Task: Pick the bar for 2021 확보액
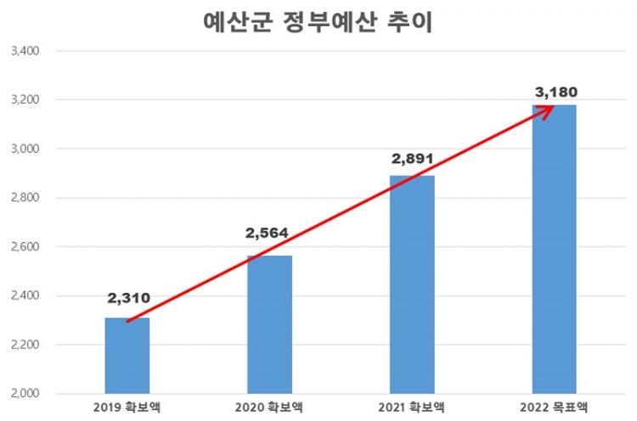click(x=412, y=284)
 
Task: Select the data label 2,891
click(x=412, y=157)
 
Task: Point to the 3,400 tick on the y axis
click(x=23, y=51)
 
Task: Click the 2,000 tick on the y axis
click(x=23, y=394)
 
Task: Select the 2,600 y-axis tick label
click(x=23, y=247)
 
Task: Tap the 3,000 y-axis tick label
click(x=23, y=149)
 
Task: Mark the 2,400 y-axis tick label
click(x=23, y=296)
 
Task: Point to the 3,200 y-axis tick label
click(x=23, y=100)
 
